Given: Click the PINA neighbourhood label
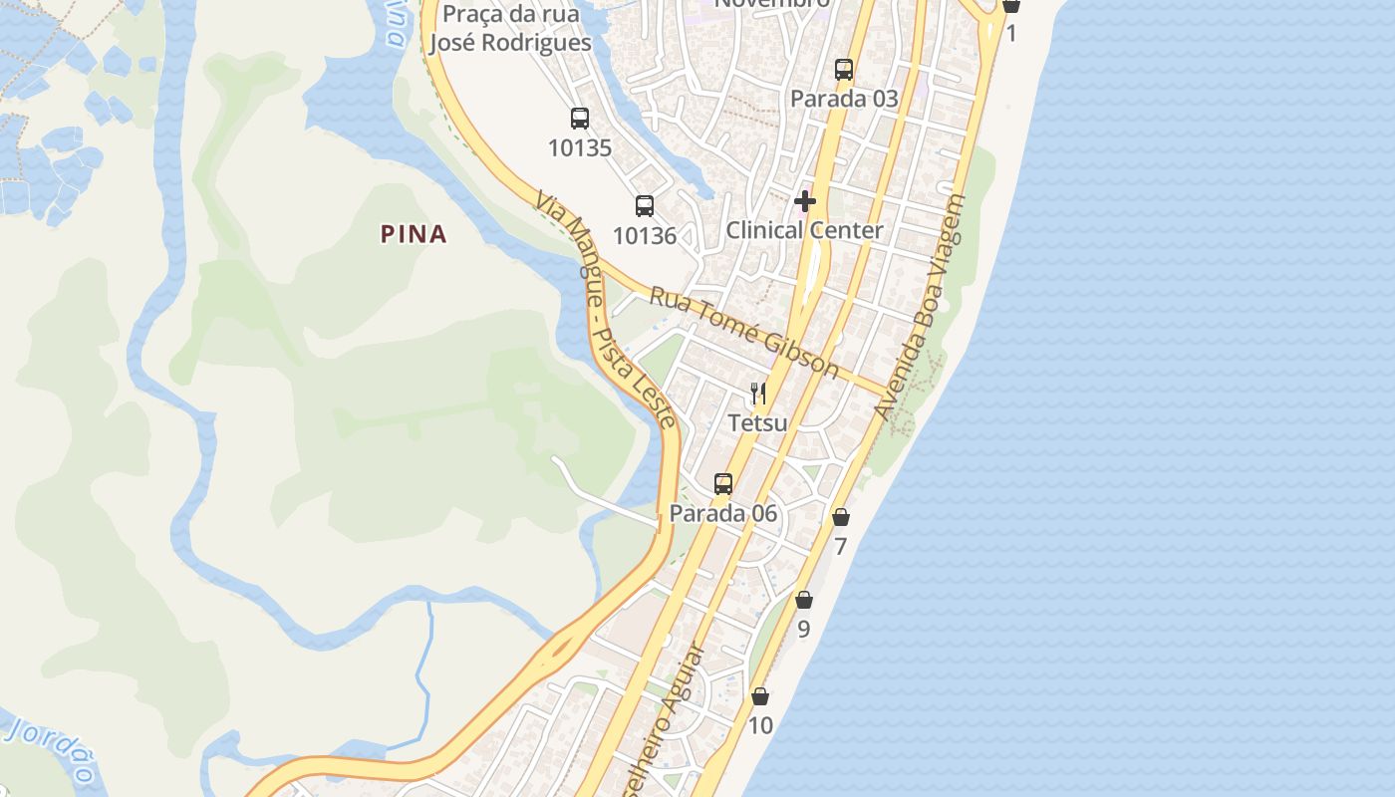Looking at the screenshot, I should [x=414, y=234].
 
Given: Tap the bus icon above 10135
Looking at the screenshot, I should [x=580, y=119].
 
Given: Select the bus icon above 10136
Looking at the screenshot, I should [x=645, y=206].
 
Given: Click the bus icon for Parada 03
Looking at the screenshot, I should [x=844, y=69].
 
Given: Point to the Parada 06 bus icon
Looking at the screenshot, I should [x=723, y=484].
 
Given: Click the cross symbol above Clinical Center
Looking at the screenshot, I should [x=805, y=201].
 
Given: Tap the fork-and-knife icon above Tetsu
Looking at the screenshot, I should [x=758, y=394].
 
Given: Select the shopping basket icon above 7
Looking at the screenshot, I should [x=841, y=517].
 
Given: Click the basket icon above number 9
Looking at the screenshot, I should [x=804, y=600].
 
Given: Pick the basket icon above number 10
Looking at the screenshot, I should [x=760, y=696].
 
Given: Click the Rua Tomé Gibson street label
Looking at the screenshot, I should [x=744, y=333].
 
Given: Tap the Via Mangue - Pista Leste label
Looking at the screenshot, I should [x=606, y=308].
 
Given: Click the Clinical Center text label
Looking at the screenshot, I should [x=804, y=230].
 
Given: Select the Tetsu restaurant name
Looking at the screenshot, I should [x=757, y=422].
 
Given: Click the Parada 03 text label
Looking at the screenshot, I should [x=844, y=99].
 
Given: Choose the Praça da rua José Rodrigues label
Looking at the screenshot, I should [x=509, y=28].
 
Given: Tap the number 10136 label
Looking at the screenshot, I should [x=645, y=236].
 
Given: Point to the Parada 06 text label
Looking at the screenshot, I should [x=723, y=514].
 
